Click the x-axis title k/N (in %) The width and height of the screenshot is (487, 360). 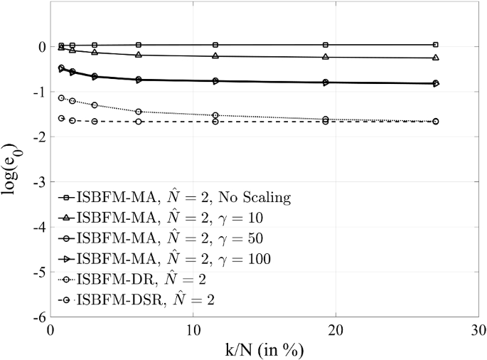pyautogui.click(x=264, y=351)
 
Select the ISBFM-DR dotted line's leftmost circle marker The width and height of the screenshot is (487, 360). pyautogui.click(x=61, y=98)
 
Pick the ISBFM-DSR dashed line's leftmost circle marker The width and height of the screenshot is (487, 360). pyautogui.click(x=61, y=118)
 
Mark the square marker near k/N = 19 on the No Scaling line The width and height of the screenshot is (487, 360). pyautogui.click(x=326, y=45)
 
